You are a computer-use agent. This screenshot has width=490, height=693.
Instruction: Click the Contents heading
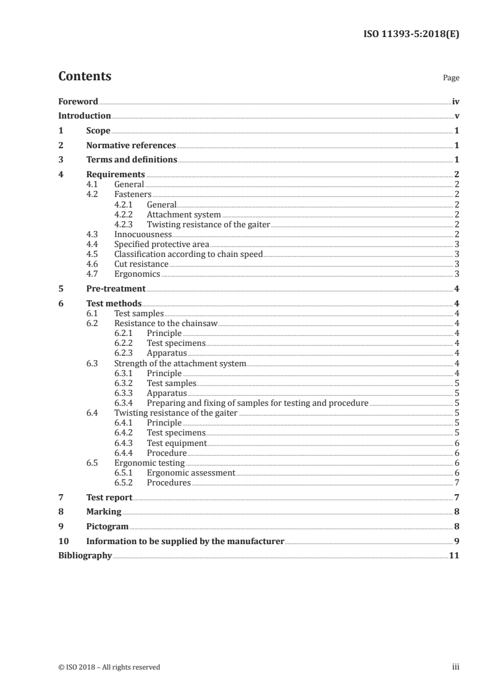85,77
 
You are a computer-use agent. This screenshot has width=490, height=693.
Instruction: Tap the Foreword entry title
78,101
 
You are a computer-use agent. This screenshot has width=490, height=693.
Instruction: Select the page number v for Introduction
456,115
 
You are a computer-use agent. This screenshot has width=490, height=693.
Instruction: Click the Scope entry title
98,131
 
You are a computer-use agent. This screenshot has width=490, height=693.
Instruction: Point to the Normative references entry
131,146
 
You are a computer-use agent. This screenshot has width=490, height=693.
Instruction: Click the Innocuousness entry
143,234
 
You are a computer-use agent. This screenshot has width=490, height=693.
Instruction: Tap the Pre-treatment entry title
116,288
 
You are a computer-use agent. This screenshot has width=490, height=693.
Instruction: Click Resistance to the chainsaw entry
166,323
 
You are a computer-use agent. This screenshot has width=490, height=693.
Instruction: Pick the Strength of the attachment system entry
180,363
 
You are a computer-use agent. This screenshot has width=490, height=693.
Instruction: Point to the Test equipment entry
176,443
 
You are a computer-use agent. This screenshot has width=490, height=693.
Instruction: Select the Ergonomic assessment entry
191,472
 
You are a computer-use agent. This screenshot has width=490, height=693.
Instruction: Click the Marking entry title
103,511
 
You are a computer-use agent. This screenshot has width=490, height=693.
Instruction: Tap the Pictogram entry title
107,526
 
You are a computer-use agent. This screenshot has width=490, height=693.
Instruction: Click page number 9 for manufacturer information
456,541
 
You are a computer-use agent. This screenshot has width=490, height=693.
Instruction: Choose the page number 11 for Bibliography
454,555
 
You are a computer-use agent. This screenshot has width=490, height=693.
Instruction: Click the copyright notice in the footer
109,667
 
